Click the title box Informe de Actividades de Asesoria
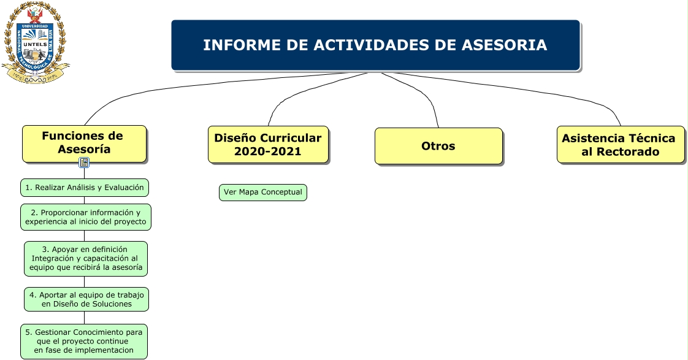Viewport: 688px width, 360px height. click(376, 45)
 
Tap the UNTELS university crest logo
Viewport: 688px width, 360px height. click(35, 43)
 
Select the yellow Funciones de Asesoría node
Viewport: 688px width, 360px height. click(84, 144)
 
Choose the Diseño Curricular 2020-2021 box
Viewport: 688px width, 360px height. click(268, 145)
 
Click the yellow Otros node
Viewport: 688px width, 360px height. click(438, 146)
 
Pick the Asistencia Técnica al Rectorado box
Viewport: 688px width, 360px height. click(621, 145)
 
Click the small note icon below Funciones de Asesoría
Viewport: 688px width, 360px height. click(84, 163)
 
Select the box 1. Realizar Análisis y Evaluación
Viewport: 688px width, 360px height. click(85, 188)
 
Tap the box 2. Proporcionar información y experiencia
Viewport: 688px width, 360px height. click(86, 217)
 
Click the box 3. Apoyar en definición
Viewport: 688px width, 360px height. click(86, 259)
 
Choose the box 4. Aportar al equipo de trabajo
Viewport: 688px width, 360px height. click(86, 299)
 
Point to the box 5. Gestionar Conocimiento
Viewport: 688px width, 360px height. click(84, 342)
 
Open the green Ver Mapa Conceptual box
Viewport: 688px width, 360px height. click(263, 193)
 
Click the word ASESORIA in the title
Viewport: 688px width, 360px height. click(504, 45)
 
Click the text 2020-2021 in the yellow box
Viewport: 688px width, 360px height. click(267, 151)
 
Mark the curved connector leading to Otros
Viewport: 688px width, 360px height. click(421, 90)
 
